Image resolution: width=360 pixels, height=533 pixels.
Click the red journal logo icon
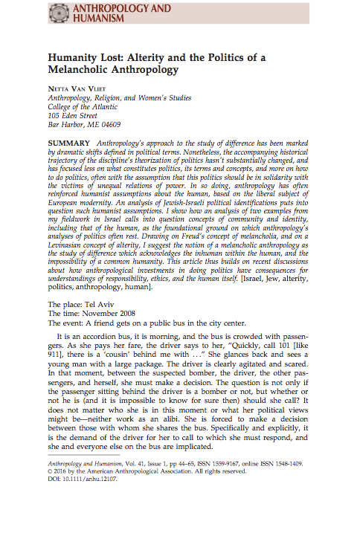[59, 12]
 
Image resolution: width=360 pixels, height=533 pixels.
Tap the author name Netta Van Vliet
[80, 87]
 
